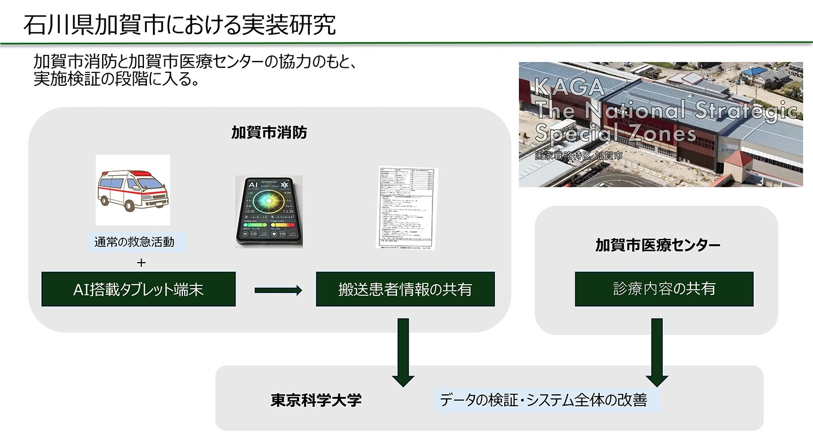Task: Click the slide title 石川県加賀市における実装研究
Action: tap(180, 25)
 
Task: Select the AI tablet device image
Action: tap(269, 212)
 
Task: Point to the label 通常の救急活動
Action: tap(134, 243)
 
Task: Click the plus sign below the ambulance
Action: tap(141, 263)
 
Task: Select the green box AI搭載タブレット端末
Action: tap(138, 289)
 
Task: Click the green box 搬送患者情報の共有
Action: tap(405, 289)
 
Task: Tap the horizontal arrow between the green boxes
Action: tap(278, 290)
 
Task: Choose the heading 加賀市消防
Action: tap(269, 133)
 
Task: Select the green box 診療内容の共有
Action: tap(664, 289)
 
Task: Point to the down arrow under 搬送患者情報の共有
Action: tap(403, 353)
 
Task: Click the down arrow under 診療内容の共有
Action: tap(657, 353)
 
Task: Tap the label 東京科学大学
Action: tap(316, 400)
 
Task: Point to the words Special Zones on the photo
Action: tap(615, 133)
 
